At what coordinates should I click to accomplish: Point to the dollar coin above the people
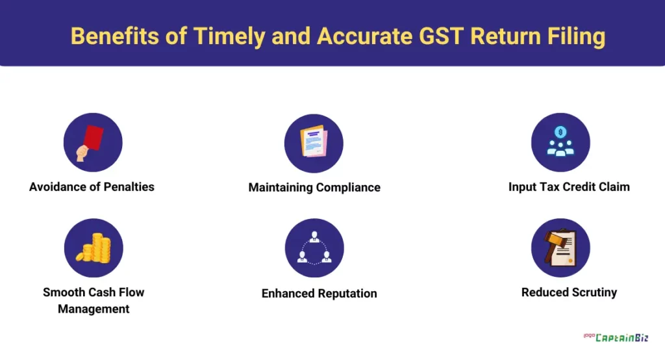[x=560, y=132]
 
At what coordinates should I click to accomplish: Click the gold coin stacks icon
[x=94, y=248]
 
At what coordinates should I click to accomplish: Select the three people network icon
[x=314, y=248]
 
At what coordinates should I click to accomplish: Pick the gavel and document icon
[x=560, y=248]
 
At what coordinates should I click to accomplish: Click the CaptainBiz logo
[x=616, y=337]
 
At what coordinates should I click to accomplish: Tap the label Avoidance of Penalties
[x=92, y=186]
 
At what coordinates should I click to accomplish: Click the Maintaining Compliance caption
[x=314, y=188]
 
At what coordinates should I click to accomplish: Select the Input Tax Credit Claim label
[x=569, y=186]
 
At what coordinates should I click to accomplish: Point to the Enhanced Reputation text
[x=320, y=293]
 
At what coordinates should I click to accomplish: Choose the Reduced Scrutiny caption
[x=569, y=292]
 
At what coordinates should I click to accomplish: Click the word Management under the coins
[x=94, y=309]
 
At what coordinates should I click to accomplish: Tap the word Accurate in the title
[x=364, y=36]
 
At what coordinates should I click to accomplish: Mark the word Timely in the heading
[x=229, y=37]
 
